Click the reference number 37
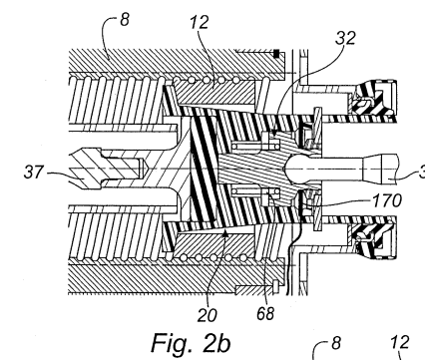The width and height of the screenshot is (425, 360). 34,173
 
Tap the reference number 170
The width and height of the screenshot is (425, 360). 387,200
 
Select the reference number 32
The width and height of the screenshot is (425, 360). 345,38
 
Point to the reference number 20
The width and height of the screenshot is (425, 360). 207,315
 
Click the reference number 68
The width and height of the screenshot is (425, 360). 265,313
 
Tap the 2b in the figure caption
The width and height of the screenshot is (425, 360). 216,343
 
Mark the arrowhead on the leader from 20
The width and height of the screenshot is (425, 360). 225,233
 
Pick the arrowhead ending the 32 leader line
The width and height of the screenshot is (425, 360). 273,133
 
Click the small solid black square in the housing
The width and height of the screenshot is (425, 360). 276,54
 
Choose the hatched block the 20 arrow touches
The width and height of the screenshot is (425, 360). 215,243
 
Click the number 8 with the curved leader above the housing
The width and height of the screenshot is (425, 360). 125,20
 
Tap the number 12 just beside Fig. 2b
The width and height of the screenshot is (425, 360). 400,342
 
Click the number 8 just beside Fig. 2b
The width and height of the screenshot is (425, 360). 336,342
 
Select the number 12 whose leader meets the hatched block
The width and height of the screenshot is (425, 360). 200,22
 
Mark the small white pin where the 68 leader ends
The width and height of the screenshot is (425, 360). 275,287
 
